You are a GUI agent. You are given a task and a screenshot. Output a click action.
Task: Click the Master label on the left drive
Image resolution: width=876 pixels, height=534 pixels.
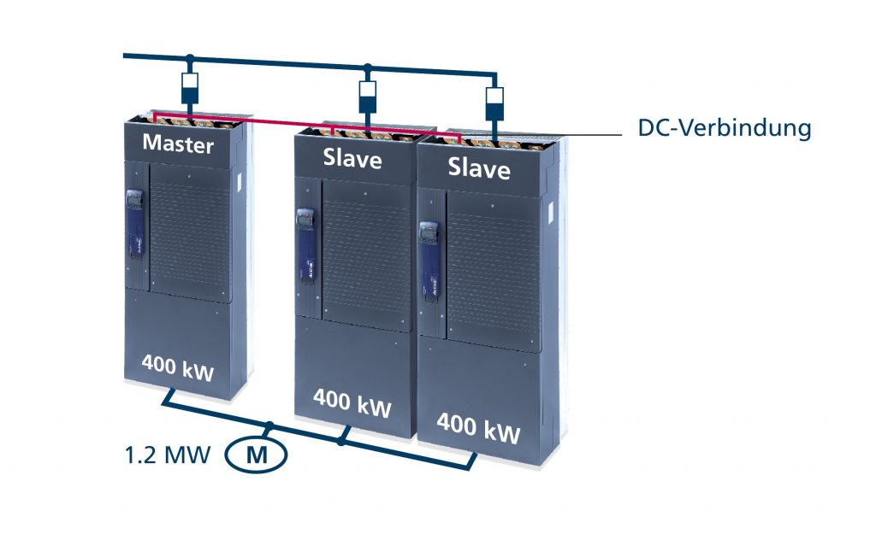click(178, 144)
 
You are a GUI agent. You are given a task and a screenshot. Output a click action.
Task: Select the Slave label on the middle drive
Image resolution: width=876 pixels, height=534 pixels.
click(352, 157)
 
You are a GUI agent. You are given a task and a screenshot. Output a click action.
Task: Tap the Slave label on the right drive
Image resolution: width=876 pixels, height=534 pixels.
click(478, 167)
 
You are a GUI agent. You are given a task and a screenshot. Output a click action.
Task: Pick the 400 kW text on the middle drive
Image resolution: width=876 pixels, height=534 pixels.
click(352, 401)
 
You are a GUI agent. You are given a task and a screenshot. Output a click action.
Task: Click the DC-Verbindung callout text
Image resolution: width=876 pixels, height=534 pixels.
click(724, 129)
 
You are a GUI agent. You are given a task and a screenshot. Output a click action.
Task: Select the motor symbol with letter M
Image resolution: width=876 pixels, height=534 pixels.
click(256, 455)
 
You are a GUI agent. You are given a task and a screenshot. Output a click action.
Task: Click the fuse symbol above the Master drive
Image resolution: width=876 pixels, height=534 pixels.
click(191, 87)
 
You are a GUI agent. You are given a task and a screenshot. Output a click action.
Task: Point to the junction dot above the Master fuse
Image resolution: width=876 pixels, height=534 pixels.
click(191, 60)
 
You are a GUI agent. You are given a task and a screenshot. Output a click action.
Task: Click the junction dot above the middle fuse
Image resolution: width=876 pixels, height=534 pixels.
click(368, 67)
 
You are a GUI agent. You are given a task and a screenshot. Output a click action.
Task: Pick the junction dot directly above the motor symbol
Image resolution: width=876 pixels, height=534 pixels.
click(269, 425)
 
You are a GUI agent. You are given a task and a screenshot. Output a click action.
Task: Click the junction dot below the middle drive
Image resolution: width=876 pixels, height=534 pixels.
click(342, 442)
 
